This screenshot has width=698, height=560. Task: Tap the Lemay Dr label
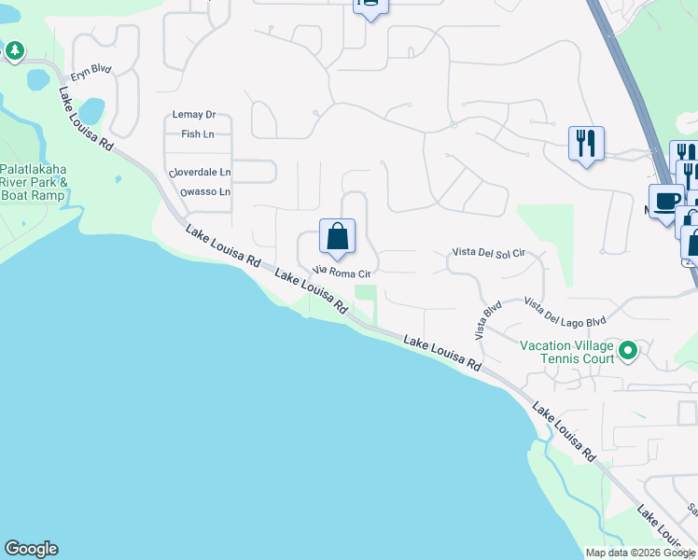tap(194, 115)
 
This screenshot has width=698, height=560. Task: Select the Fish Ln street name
tap(198, 134)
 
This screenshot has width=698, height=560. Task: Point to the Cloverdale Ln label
tap(199, 173)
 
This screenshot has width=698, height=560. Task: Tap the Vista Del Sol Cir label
tap(489, 253)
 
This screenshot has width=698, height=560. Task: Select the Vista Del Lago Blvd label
tap(565, 313)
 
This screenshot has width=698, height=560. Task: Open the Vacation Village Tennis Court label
tap(566, 352)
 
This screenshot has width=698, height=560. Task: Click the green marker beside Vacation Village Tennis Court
tap(628, 351)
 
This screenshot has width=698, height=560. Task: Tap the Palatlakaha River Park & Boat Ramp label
tap(33, 182)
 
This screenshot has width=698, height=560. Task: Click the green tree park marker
tap(15, 50)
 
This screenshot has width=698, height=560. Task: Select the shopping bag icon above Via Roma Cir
tap(337, 236)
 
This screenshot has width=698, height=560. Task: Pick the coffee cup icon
tap(666, 202)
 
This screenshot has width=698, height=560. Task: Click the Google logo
tap(31, 549)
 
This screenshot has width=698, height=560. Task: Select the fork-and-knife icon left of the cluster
tap(586, 144)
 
